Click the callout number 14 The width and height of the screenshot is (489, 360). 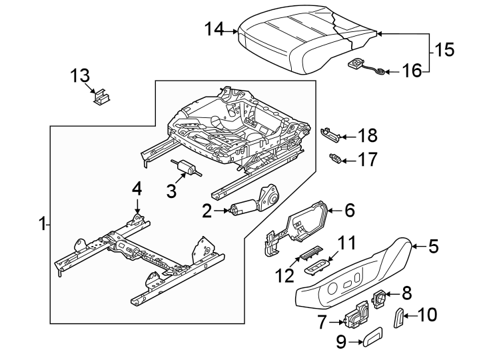coord(215,29)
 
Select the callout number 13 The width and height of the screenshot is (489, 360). coord(81,76)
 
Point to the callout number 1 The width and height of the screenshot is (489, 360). coord(42,225)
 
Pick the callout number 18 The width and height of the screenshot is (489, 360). coord(367,136)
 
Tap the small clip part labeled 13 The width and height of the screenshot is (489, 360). coord(102,98)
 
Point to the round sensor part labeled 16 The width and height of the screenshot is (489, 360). coord(358,64)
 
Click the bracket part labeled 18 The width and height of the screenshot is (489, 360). coord(331,134)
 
